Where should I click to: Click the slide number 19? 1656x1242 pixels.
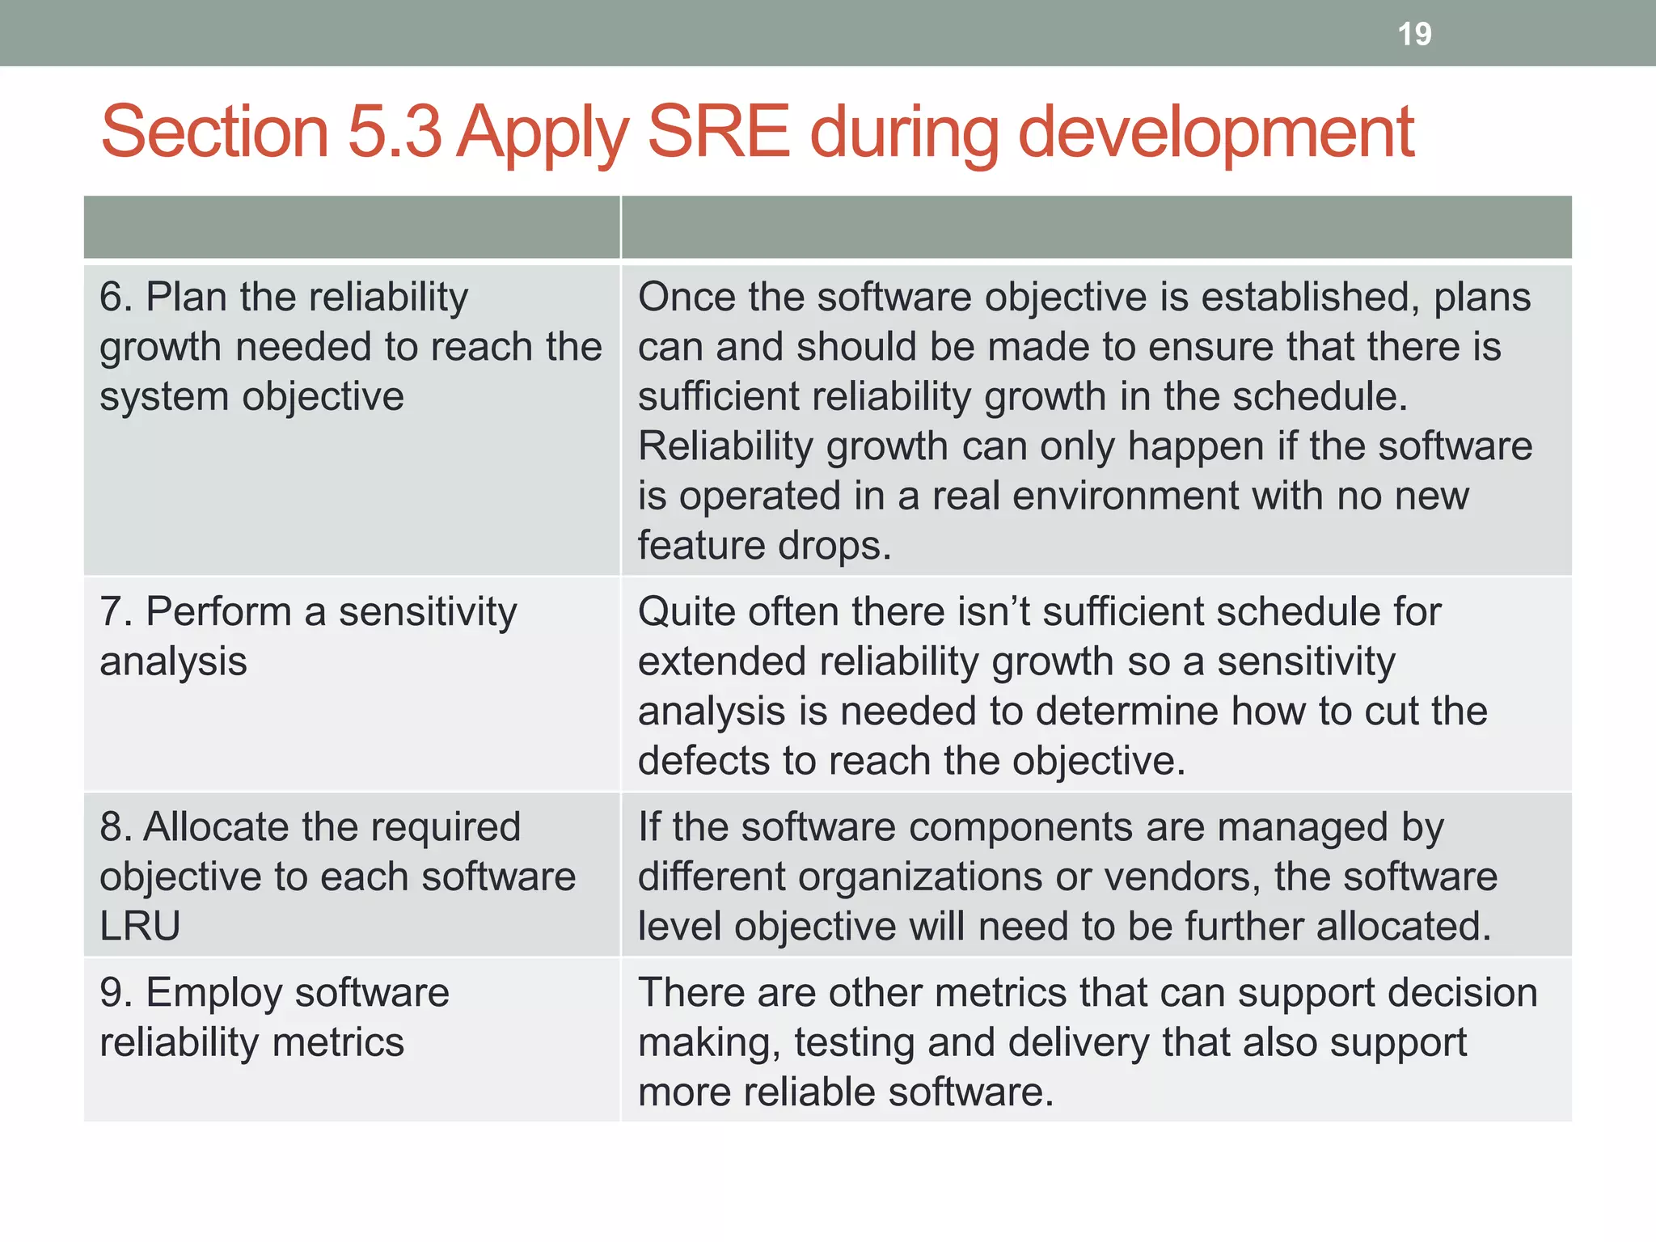(1414, 34)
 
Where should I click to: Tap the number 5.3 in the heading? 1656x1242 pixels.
(394, 131)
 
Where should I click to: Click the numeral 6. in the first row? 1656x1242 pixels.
(116, 297)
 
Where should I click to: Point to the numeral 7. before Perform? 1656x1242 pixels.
(116, 612)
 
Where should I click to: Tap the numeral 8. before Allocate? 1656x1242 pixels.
(116, 827)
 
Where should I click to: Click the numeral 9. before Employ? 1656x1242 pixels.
(116, 993)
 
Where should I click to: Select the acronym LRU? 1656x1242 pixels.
(140, 927)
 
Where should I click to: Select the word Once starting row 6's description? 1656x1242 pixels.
(686, 297)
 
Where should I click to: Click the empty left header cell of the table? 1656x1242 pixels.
(352, 227)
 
